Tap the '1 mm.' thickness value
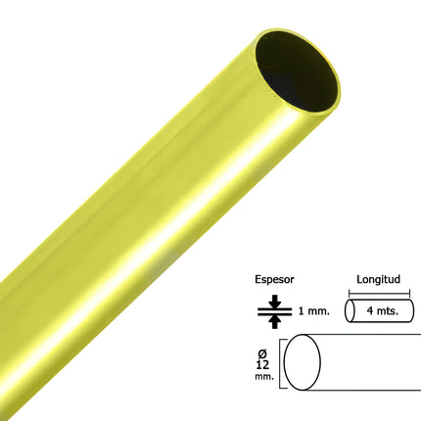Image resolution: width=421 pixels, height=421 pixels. [313, 310]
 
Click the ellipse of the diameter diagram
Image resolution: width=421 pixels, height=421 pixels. [304, 363]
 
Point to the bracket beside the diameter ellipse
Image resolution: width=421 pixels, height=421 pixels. [282, 363]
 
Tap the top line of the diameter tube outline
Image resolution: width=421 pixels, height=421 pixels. [362, 338]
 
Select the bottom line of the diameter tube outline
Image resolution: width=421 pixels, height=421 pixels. [362, 391]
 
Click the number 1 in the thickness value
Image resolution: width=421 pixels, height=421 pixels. [301, 310]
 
